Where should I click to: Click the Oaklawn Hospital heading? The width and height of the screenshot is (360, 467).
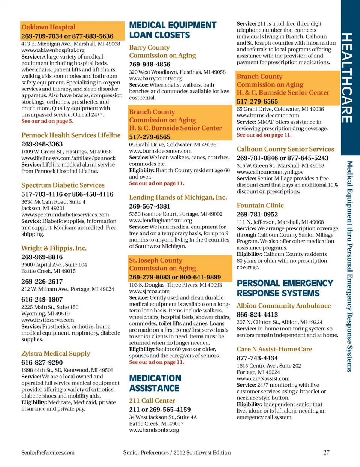(x=48, y=27)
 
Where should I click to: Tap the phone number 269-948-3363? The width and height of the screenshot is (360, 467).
(x=42, y=144)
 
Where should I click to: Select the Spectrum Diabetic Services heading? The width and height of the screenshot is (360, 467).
(x=63, y=185)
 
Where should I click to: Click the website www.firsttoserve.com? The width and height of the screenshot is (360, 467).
(x=48, y=320)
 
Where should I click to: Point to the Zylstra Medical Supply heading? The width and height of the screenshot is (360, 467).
(x=56, y=353)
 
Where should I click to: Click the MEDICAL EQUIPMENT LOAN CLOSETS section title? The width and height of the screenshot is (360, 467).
(x=172, y=30)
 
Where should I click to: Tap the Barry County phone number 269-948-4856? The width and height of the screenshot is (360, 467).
(x=150, y=64)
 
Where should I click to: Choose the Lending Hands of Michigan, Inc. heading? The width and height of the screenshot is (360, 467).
(x=178, y=197)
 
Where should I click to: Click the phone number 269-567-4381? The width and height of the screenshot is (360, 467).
(x=150, y=206)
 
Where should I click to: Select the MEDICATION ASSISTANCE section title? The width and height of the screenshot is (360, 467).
(x=155, y=383)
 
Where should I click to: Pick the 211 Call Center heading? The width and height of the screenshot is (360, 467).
(x=152, y=401)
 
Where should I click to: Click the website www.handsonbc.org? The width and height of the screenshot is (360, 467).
(x=154, y=430)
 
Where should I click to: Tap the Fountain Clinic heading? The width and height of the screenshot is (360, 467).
(x=260, y=206)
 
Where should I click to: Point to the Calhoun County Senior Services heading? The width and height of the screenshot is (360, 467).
(x=285, y=149)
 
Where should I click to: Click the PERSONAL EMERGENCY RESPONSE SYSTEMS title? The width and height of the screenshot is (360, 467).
(x=285, y=288)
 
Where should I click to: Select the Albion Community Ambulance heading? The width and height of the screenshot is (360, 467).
(x=283, y=306)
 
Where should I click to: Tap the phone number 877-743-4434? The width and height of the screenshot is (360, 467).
(x=257, y=358)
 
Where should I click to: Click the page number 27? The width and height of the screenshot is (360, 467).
(x=326, y=452)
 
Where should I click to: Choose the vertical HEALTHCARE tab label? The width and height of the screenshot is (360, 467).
(x=347, y=78)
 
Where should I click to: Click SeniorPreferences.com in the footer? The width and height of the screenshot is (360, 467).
(x=48, y=452)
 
